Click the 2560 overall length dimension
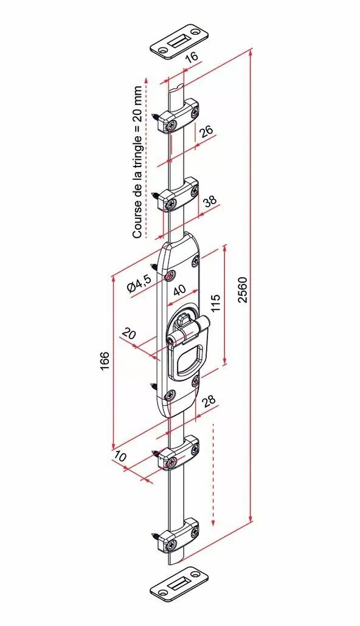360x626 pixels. pyautogui.click(x=243, y=289)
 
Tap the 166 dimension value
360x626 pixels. pyautogui.click(x=105, y=360)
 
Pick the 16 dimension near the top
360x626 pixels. pyautogui.click(x=192, y=57)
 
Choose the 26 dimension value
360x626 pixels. pyautogui.click(x=206, y=131)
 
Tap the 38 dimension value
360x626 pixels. pyautogui.click(x=211, y=200)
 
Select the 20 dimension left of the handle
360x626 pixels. pyautogui.click(x=128, y=333)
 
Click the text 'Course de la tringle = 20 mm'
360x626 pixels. pyautogui.click(x=137, y=162)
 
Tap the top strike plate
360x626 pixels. pyautogui.click(x=179, y=41)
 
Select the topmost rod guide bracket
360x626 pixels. pyautogui.click(x=179, y=117)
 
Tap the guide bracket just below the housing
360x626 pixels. pyautogui.click(x=179, y=453)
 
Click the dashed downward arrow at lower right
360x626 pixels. pyautogui.click(x=213, y=475)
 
